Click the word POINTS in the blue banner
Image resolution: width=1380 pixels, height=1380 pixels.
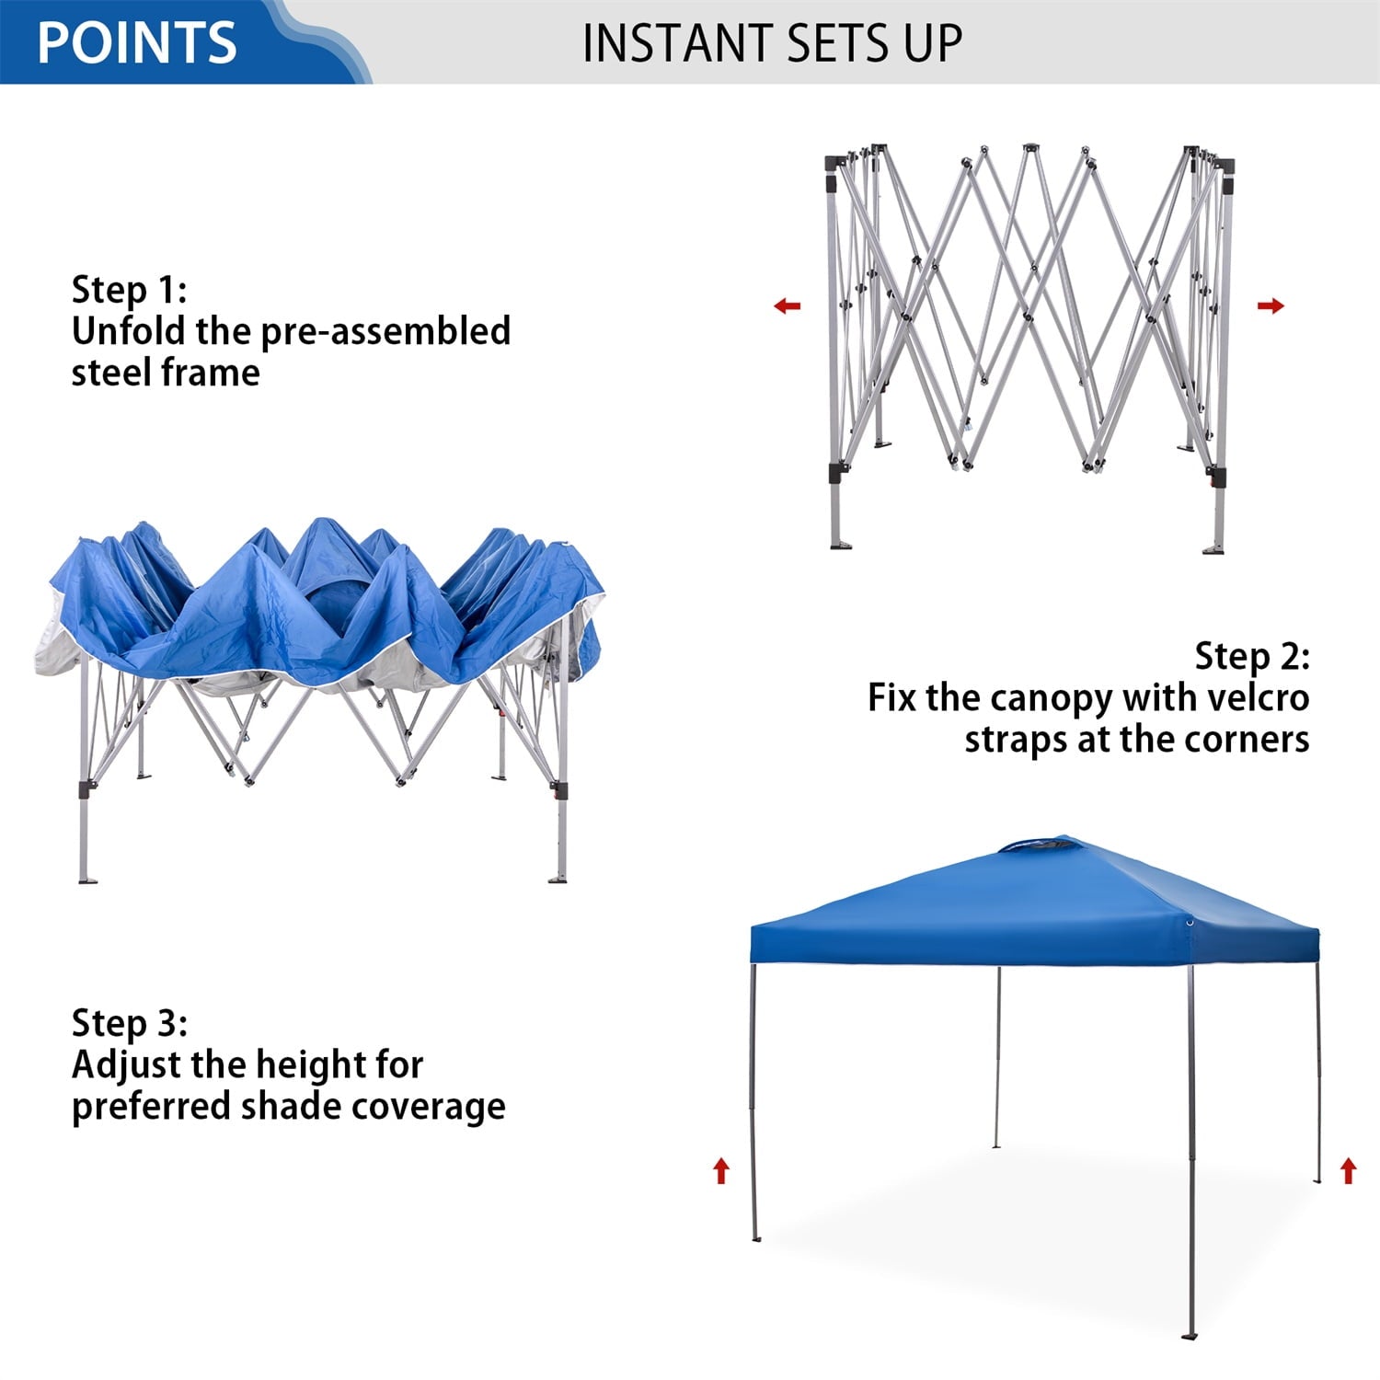click(137, 42)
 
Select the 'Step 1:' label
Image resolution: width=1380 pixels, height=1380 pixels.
click(129, 290)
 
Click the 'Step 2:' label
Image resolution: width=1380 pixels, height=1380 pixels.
click(1251, 656)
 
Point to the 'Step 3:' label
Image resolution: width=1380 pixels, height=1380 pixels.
click(129, 1023)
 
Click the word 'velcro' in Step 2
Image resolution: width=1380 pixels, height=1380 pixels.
click(1258, 697)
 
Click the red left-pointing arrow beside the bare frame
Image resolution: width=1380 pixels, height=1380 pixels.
click(788, 305)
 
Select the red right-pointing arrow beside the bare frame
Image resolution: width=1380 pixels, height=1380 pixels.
click(1271, 305)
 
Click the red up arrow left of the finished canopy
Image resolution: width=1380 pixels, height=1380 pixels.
click(721, 1170)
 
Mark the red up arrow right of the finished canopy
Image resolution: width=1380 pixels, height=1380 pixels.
click(1348, 1170)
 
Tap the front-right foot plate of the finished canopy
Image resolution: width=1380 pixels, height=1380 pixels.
click(1191, 1335)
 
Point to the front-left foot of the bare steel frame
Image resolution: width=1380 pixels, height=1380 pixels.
click(841, 545)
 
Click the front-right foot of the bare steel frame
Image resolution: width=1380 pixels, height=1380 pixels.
click(1213, 549)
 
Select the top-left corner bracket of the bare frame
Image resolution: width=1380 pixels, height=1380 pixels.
click(835, 163)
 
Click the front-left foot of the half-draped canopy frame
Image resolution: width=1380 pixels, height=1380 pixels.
click(87, 880)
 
